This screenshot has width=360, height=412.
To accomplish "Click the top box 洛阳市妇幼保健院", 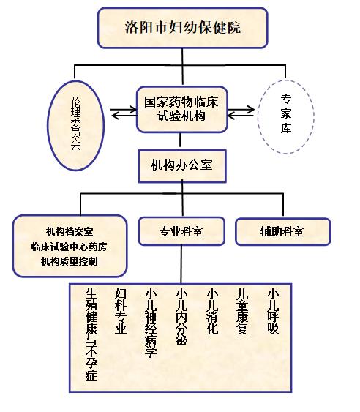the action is click(183, 28).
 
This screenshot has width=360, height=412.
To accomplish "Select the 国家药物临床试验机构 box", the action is click(181, 109).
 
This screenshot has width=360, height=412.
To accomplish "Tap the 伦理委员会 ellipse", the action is click(75, 126).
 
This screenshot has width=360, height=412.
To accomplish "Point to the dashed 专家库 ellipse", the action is click(285, 116).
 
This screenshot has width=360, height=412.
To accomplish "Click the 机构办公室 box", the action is click(182, 166).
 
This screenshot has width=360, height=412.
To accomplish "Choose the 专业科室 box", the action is click(181, 231).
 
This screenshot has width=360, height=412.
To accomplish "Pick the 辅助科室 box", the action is click(282, 231).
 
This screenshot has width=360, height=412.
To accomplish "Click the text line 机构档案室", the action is click(70, 231).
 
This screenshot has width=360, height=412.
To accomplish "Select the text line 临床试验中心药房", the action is click(69, 247).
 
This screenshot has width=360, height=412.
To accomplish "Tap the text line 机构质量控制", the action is click(70, 261).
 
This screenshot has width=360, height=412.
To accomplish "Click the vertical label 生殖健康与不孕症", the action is click(91, 334).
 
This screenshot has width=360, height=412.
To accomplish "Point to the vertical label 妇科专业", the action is click(121, 311).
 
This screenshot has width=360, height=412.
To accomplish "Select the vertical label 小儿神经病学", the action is click(151, 323).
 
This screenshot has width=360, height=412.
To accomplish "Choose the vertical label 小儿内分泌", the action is click(181, 317).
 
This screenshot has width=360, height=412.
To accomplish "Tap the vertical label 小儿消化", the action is click(212, 311).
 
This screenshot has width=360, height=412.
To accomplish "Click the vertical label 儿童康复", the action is click(242, 311).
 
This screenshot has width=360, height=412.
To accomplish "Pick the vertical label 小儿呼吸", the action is click(273, 311).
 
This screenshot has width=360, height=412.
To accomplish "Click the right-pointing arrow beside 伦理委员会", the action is click(124, 110).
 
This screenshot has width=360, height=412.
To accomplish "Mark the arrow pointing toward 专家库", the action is click(241, 110).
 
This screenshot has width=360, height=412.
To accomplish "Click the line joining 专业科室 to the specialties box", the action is click(181, 264).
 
